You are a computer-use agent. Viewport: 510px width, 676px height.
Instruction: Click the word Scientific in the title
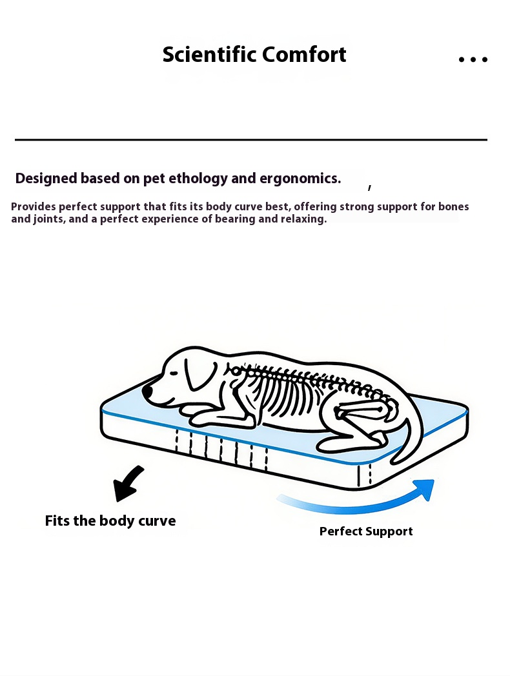(x=200, y=55)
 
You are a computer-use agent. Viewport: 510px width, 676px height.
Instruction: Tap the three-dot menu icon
(x=473, y=59)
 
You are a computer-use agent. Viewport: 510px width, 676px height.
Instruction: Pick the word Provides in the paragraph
(x=33, y=207)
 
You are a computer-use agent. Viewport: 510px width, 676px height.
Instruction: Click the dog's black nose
(x=148, y=392)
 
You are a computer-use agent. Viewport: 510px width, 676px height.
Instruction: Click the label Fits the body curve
(x=110, y=521)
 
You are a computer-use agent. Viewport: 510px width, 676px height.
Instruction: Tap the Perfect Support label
(x=366, y=532)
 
